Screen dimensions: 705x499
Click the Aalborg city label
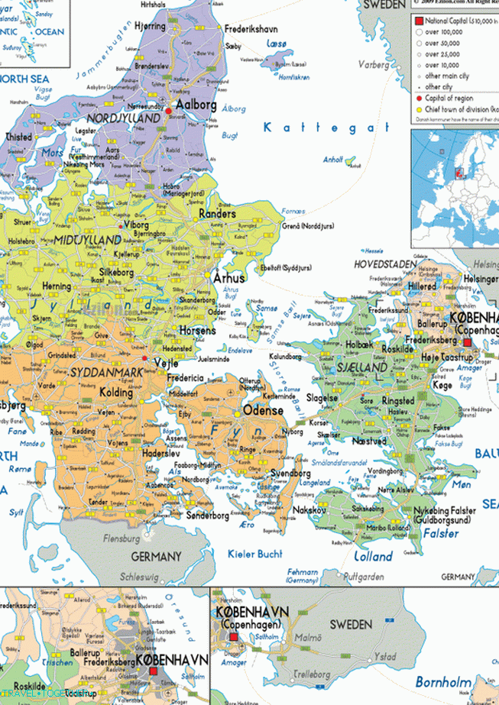click(x=196, y=105)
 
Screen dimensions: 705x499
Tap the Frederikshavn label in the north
click(x=251, y=29)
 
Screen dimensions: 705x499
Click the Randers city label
click(x=217, y=215)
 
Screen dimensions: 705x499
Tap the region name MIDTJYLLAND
click(x=86, y=240)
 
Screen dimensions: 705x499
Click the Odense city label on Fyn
click(x=263, y=410)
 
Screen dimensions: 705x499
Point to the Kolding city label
click(x=117, y=393)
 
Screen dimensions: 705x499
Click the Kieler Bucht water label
click(x=255, y=554)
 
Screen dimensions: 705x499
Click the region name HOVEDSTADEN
click(x=385, y=264)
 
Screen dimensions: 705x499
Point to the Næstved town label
click(x=368, y=441)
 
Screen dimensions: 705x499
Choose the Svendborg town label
click(x=290, y=473)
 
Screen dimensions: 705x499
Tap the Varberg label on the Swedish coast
click(x=374, y=65)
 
